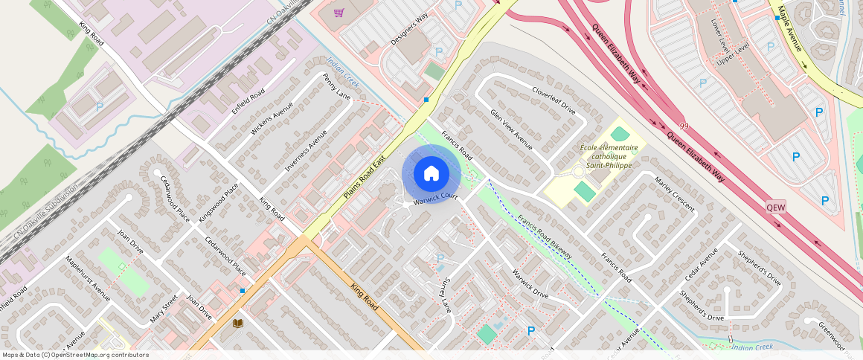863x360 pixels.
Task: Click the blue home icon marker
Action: coord(431,174)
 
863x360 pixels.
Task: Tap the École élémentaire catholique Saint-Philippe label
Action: coord(609,157)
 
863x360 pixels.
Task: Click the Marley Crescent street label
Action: coord(673,193)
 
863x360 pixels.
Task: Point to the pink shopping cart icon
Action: coord(339,13)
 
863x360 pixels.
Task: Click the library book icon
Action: coord(238,323)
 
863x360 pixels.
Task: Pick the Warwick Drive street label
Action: coord(530,283)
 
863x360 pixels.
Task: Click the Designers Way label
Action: coord(410,28)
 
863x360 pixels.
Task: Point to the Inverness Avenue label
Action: coord(307,150)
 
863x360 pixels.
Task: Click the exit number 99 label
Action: coord(683,127)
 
